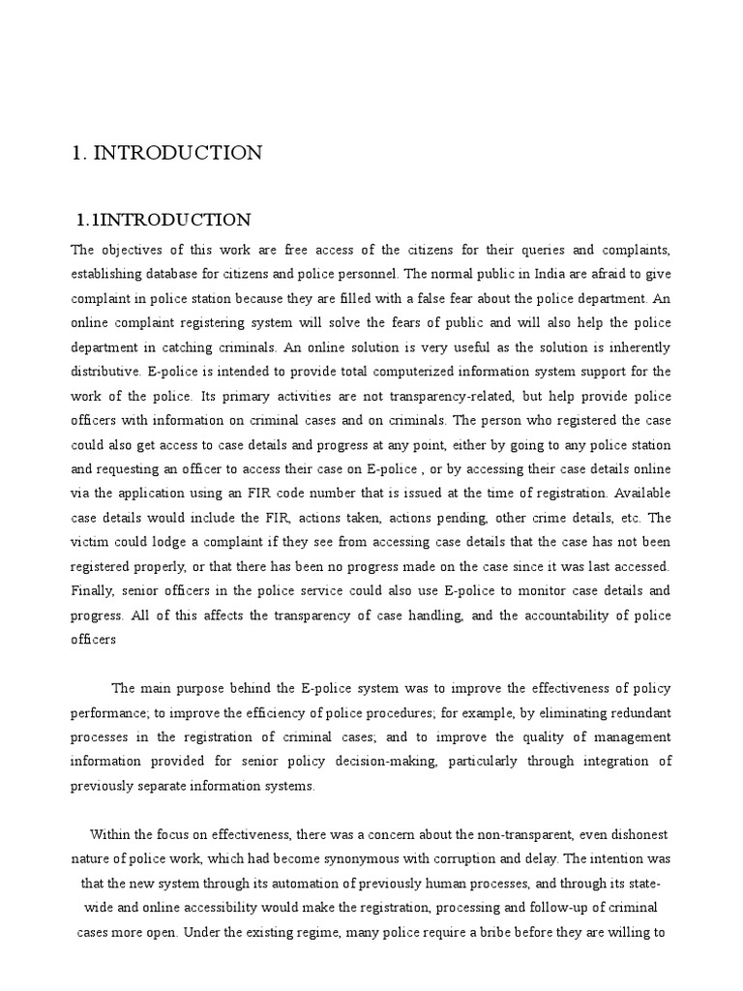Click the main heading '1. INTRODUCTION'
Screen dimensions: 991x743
(166, 153)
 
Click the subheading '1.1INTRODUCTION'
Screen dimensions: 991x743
(163, 220)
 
